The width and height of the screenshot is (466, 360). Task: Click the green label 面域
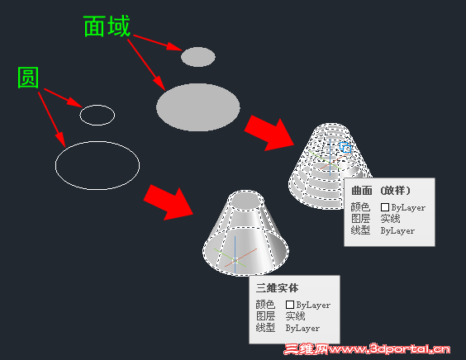pos(107,26)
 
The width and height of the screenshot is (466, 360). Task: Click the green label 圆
pos(28,78)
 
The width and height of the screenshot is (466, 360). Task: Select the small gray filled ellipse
pos(198,57)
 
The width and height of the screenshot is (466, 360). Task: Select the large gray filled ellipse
pos(198,107)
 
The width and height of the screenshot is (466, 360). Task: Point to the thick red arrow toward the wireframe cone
pos(269,133)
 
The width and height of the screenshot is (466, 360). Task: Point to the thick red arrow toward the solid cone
pos(169,202)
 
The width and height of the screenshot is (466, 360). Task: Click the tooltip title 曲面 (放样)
pos(381,191)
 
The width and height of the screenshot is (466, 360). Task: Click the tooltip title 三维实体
pos(277,288)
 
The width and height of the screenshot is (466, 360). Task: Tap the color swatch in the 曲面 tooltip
pos(385,207)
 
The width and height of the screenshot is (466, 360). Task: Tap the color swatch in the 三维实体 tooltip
pos(290,305)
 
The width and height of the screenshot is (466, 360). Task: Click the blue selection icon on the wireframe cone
pos(345,147)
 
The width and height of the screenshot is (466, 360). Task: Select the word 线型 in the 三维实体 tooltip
pos(265,328)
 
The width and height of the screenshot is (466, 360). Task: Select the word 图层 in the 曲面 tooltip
pos(360,219)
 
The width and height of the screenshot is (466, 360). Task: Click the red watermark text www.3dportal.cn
pos(389,349)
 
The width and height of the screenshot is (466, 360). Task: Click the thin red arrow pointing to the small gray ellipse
pos(158,42)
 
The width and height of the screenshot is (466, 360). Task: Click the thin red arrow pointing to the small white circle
pos(64,97)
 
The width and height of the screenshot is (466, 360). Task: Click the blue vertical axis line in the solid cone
pos(235,254)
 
